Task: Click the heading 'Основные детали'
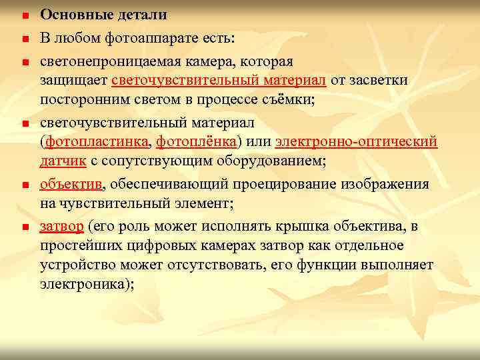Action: point(103,15)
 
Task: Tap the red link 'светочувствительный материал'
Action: point(219,81)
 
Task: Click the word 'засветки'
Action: point(379,81)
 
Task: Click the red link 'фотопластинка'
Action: point(97,142)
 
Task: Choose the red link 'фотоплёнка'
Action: point(197,142)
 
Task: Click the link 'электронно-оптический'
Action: point(356,142)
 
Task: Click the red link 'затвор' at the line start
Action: point(61,227)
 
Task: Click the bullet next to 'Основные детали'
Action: point(23,15)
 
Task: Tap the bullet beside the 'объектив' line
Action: point(23,185)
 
